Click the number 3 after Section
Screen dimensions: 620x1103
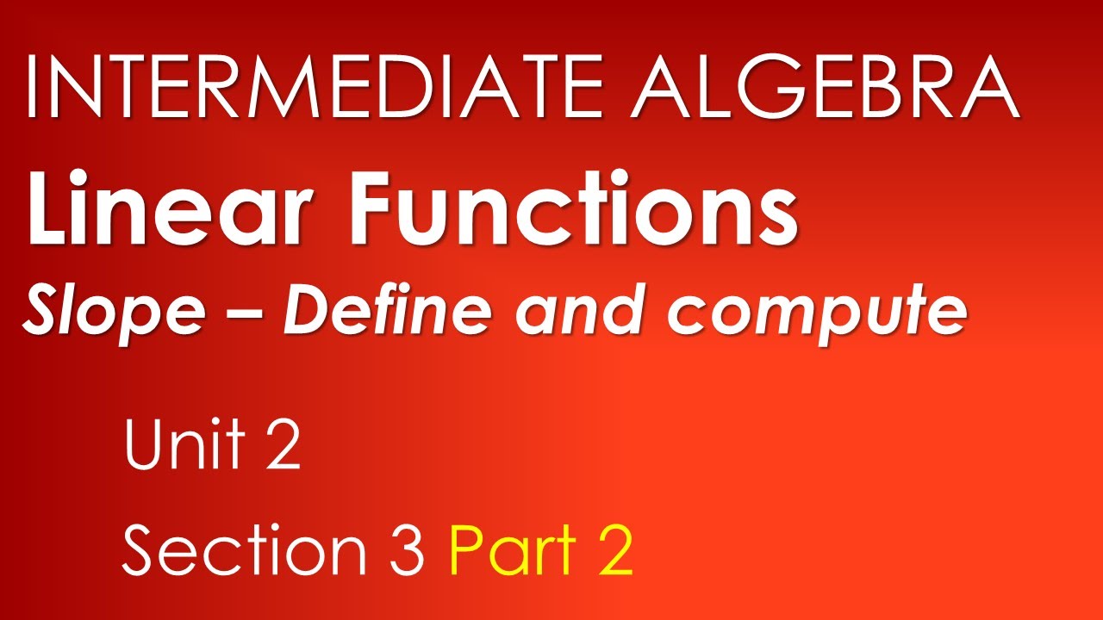406,551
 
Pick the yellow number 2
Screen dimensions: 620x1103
611,551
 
